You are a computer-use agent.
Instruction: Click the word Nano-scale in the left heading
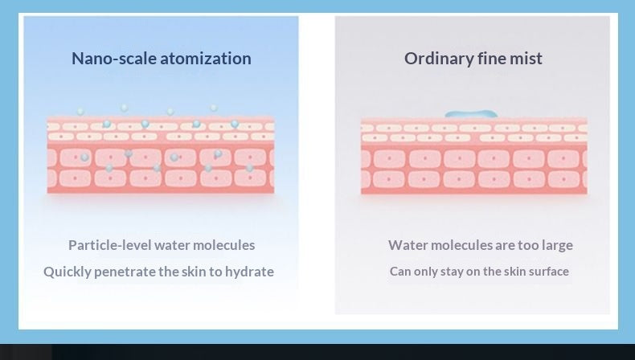point(114,59)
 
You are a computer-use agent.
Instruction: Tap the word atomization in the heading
point(206,59)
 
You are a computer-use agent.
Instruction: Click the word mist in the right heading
point(526,59)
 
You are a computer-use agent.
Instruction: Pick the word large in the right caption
point(558,246)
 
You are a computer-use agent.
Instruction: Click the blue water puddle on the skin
point(471,114)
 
